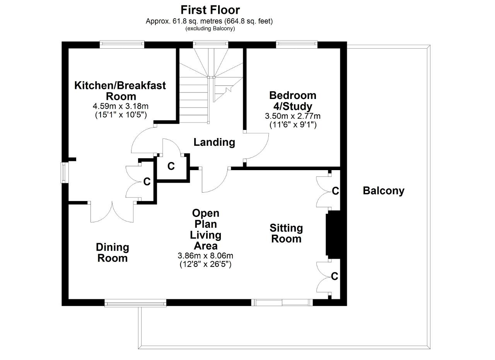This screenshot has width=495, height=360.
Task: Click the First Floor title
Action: [x=210, y=10]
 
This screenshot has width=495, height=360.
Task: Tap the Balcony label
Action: [x=383, y=191]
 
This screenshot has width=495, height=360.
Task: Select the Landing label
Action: [x=214, y=142]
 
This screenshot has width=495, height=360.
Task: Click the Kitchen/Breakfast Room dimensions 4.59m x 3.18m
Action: [x=120, y=106]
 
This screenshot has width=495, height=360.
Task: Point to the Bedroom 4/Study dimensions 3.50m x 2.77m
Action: [x=293, y=116]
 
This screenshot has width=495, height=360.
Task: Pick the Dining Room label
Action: [x=113, y=253]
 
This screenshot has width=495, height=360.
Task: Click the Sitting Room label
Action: [x=286, y=234]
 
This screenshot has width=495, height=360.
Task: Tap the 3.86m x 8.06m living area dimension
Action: [x=205, y=256]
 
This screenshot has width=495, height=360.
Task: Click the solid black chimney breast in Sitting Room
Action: [x=333, y=235]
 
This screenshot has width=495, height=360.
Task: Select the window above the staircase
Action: [x=210, y=44]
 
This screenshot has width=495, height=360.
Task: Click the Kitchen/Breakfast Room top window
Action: [x=122, y=44]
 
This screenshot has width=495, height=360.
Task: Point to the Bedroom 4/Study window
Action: [x=297, y=44]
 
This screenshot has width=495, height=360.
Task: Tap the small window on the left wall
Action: [x=65, y=172]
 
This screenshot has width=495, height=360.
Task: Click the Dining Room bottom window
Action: [x=135, y=303]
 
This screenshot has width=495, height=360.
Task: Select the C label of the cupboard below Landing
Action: [x=171, y=166]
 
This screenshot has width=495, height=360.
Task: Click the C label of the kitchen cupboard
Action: [x=147, y=182]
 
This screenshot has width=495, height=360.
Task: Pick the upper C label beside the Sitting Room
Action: [x=335, y=191]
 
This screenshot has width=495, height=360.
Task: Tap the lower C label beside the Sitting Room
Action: [x=335, y=276]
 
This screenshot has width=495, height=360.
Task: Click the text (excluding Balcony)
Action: [x=210, y=29]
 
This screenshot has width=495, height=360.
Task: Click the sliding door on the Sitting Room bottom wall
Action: [x=282, y=302]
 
